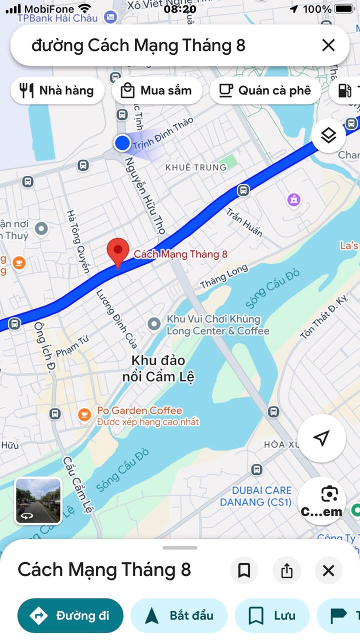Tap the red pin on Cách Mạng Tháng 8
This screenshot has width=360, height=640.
(x=118, y=252)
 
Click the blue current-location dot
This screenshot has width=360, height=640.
(x=122, y=143)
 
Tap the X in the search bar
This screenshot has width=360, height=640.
(x=328, y=45)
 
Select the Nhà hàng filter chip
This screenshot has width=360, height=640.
(x=57, y=90)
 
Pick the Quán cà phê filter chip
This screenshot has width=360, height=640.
(x=265, y=90)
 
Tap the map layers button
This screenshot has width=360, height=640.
(x=328, y=135)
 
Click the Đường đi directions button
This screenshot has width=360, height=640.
(x=70, y=615)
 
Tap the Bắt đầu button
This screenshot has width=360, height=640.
(x=179, y=615)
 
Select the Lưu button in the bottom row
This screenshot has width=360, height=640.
(x=272, y=615)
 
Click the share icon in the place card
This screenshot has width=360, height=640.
(x=286, y=570)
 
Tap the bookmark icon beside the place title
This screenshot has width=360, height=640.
(x=244, y=570)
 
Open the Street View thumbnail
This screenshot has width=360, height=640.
(x=38, y=501)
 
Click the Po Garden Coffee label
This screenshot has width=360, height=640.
(x=139, y=411)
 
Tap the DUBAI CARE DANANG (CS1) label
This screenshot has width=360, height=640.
(x=255, y=496)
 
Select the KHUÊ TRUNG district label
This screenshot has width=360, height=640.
(x=196, y=167)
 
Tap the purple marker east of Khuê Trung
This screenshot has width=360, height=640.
(x=294, y=200)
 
